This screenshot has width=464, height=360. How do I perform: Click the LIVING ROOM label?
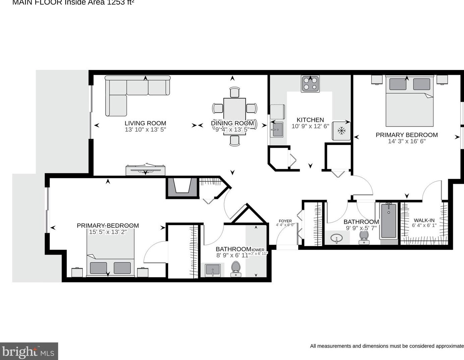[145, 123]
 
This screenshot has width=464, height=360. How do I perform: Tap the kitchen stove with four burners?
[310, 84]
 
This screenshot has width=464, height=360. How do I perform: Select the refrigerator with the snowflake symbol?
[341, 131]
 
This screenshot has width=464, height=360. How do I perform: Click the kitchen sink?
[277, 130]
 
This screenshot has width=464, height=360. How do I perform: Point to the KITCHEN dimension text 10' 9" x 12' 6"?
[310, 126]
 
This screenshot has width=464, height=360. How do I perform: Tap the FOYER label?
[285, 221]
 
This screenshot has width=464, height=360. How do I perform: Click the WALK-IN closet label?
[424, 220]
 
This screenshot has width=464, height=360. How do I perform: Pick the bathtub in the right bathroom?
[389, 221]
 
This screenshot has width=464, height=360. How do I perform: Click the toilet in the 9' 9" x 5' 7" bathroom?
[363, 238]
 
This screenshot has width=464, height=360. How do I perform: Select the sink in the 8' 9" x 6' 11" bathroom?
[212, 270]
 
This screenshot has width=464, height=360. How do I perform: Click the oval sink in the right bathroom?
[336, 238]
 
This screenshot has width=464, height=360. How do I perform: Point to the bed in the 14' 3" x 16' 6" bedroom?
[409, 100]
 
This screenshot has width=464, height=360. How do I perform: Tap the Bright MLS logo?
[29, 352]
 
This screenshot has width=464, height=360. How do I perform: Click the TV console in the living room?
[145, 170]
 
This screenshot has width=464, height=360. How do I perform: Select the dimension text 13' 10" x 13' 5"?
[145, 130]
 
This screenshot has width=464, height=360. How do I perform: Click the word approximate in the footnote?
[450, 346]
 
